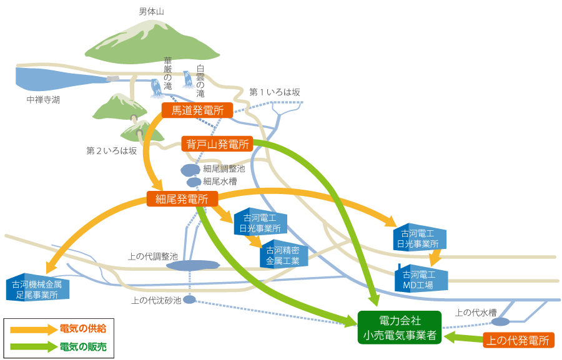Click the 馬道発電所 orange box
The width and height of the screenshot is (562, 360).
197,111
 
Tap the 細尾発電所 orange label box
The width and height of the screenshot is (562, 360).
182,199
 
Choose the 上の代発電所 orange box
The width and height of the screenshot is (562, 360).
519,340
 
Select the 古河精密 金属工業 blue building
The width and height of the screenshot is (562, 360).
283,255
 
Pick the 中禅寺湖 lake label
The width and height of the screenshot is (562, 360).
44,99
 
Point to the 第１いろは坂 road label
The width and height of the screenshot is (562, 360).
275,92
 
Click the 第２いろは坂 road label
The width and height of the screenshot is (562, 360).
111,150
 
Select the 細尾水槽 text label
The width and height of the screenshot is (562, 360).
219,181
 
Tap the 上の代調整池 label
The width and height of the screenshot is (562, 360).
153,256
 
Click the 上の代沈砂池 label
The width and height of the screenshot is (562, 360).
157,300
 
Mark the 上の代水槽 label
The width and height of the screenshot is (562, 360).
476,313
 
